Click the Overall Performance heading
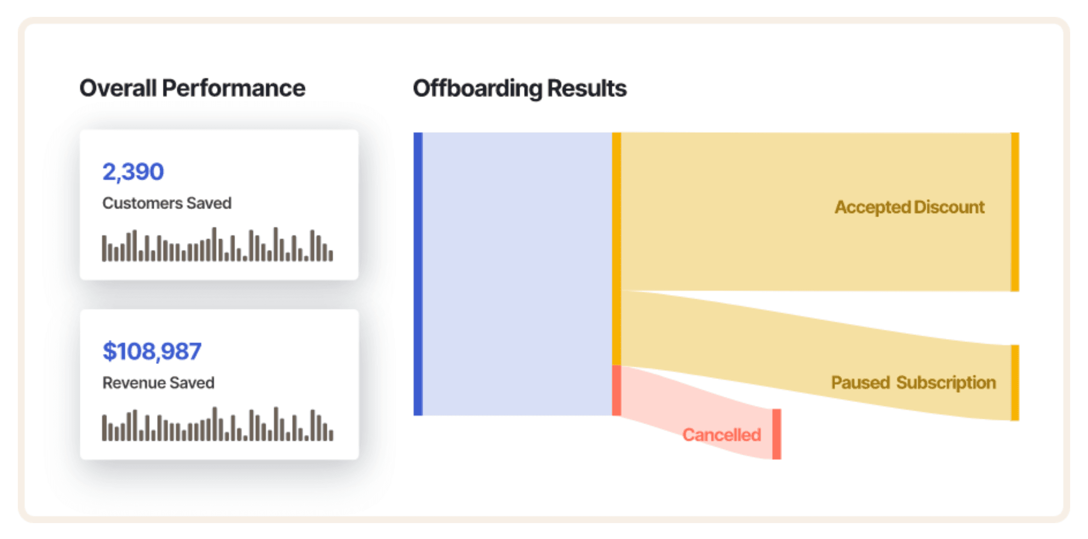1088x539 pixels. [x=192, y=88]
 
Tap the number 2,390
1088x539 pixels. [x=133, y=172]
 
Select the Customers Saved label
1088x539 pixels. [x=167, y=203]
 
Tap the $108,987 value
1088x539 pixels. [x=152, y=351]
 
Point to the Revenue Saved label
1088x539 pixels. [x=159, y=383]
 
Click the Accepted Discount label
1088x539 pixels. [x=909, y=207]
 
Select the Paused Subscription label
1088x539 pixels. [x=913, y=383]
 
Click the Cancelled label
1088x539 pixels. [x=722, y=435]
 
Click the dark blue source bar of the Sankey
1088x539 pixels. [x=418, y=274]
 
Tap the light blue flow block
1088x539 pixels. [x=517, y=274]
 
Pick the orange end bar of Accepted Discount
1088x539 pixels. [x=1015, y=212]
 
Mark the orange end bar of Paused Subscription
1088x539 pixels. [x=1015, y=383]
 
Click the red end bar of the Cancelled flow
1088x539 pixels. [x=777, y=434]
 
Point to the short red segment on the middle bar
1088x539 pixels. [x=617, y=391]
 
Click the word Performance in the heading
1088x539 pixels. [x=234, y=88]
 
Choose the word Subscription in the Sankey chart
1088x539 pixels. [x=946, y=383]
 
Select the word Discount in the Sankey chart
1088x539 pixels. [x=949, y=207]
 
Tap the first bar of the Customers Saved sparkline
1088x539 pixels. [x=104, y=248]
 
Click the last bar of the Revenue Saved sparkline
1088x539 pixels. [x=331, y=435]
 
